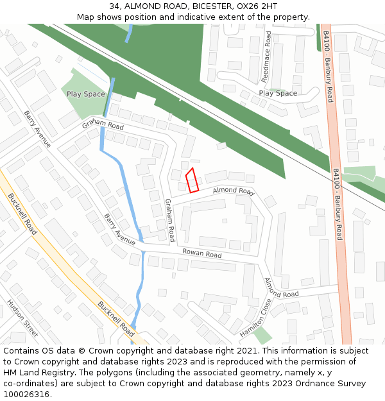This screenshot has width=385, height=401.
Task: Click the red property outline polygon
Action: pos(192,180)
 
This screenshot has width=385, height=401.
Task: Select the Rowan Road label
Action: pos(201,254)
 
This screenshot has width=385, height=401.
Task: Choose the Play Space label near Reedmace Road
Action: pos(278,93)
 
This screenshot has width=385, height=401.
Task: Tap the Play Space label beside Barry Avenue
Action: pos(85,94)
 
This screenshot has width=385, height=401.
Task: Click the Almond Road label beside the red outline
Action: pos(234,191)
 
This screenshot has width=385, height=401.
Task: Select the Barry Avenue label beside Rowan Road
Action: pos(119,229)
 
